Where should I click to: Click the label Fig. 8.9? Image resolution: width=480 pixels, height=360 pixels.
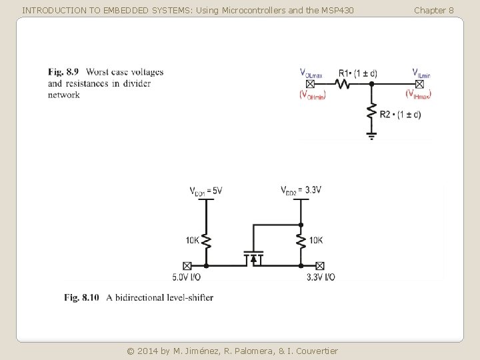(x=63, y=72)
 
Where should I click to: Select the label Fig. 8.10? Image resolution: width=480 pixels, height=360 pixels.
(x=81, y=297)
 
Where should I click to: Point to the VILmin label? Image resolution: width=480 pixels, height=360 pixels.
(x=421, y=73)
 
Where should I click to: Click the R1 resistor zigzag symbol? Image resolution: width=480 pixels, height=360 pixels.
(x=342, y=84)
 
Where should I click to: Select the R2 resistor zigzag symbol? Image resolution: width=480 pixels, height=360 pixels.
(x=372, y=113)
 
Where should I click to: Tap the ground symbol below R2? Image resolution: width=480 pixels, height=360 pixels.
(x=372, y=135)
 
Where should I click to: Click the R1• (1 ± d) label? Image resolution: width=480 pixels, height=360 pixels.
(x=357, y=73)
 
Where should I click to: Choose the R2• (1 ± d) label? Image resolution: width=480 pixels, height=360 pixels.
(x=401, y=115)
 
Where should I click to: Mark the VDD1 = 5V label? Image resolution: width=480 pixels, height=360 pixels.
(x=206, y=191)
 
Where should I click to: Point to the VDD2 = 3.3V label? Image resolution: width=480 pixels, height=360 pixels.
(x=301, y=191)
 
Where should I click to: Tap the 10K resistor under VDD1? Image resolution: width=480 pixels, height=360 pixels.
(x=207, y=241)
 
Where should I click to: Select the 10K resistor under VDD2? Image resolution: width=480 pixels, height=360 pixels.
(x=301, y=241)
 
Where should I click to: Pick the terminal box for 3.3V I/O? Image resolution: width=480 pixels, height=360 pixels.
(x=320, y=265)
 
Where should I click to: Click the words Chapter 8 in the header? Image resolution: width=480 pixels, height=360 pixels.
(x=433, y=10)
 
